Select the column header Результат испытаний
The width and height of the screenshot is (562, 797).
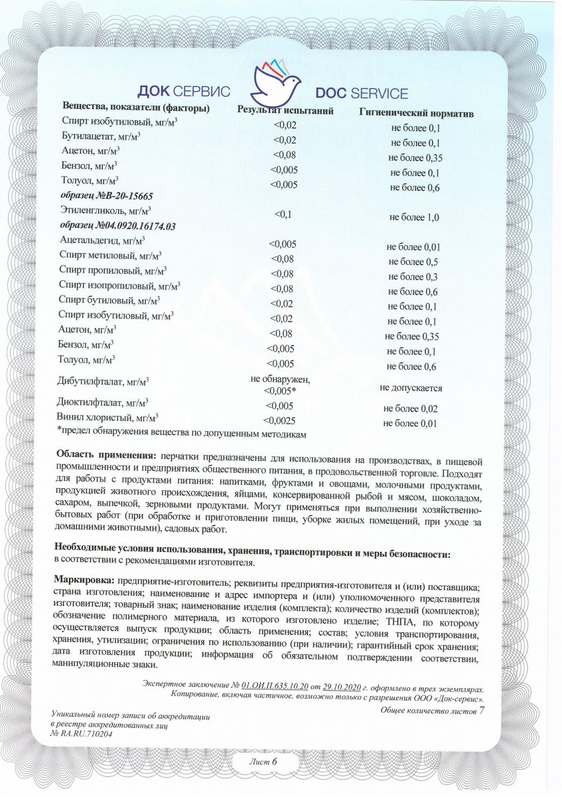click(285, 111)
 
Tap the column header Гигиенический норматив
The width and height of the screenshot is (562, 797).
click(416, 114)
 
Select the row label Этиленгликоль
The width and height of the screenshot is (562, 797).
click(100, 211)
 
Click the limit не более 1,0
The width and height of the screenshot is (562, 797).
click(414, 217)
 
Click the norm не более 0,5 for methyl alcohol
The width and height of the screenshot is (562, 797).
click(411, 262)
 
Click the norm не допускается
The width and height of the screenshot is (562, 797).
click(411, 387)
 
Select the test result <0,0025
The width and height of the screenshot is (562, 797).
click(279, 420)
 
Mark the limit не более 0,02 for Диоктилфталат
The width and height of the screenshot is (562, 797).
click(410, 408)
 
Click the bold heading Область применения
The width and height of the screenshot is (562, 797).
click(106, 456)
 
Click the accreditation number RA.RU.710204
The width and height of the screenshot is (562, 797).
click(82, 734)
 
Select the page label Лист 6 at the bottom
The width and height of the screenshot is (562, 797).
click(263, 761)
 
